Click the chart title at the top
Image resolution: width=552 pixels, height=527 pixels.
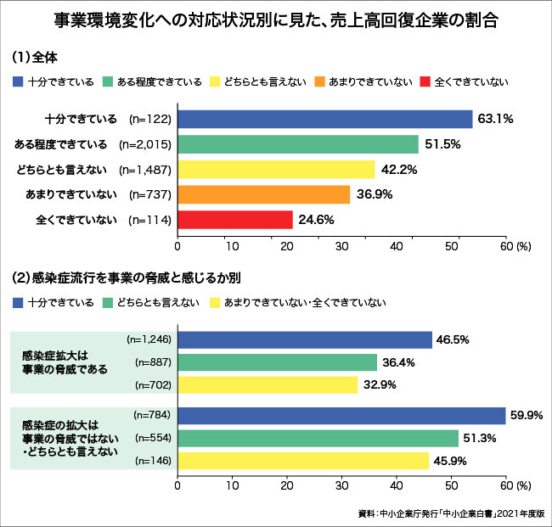coord(275,20)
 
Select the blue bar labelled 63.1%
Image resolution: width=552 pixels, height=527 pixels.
coord(324,119)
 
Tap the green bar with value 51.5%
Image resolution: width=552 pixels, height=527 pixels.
coord(298,144)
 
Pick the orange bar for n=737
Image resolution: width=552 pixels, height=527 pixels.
coord(263,194)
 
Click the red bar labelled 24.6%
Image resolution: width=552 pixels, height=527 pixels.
coord(235,220)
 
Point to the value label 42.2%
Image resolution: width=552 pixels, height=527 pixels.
coord(399,170)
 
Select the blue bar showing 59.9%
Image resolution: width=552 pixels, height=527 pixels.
coord(341,416)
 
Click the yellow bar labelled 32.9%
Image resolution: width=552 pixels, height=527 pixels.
coord(268,385)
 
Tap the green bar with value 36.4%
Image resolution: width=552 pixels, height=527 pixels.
coord(277,362)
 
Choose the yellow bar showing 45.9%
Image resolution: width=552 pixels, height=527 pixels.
coord(303,461)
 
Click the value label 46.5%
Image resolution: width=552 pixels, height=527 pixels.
coord(453,339)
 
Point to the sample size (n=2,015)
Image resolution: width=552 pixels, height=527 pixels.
coord(145,144)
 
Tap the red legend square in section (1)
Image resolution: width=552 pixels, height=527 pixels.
coord(425,81)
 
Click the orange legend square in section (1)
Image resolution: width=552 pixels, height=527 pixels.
coord(318,81)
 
